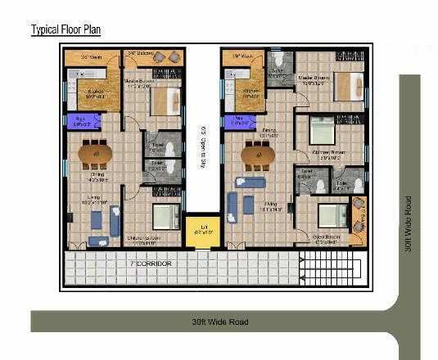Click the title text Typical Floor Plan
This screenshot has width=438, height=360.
(65, 30)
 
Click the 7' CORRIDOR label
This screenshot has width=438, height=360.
(150, 264)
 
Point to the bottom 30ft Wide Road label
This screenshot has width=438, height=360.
(214, 322)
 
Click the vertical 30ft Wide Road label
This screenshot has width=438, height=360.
(409, 224)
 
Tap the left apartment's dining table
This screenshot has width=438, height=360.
(97, 153)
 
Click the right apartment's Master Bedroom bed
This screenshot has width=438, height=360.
(347, 84)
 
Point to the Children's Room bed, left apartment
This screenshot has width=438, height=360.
(166, 217)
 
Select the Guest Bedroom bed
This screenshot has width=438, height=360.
(332, 214)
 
